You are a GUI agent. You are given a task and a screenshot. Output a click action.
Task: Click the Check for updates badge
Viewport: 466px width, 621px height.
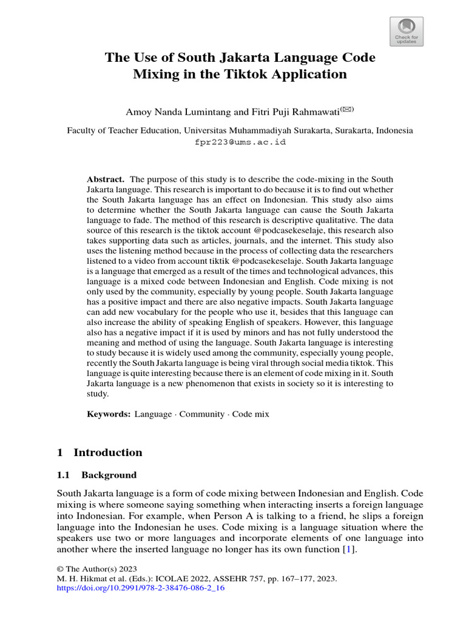click(406, 31)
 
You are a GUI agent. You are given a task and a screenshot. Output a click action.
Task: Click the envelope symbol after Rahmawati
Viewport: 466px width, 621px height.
click(346, 109)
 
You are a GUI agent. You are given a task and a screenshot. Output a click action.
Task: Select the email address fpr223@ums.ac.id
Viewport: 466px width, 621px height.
click(240, 142)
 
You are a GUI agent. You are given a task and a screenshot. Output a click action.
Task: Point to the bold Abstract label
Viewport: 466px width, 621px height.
click(106, 180)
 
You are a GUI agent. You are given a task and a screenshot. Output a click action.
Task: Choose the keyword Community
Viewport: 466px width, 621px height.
click(206, 414)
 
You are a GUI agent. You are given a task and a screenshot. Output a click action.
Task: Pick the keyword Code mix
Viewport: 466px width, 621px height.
click(251, 414)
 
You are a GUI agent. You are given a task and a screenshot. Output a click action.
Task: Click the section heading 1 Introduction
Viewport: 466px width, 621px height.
click(100, 452)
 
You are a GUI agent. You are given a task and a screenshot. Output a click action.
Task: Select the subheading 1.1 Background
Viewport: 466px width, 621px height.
click(96, 475)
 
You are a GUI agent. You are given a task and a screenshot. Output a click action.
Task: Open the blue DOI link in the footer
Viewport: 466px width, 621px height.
click(141, 588)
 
